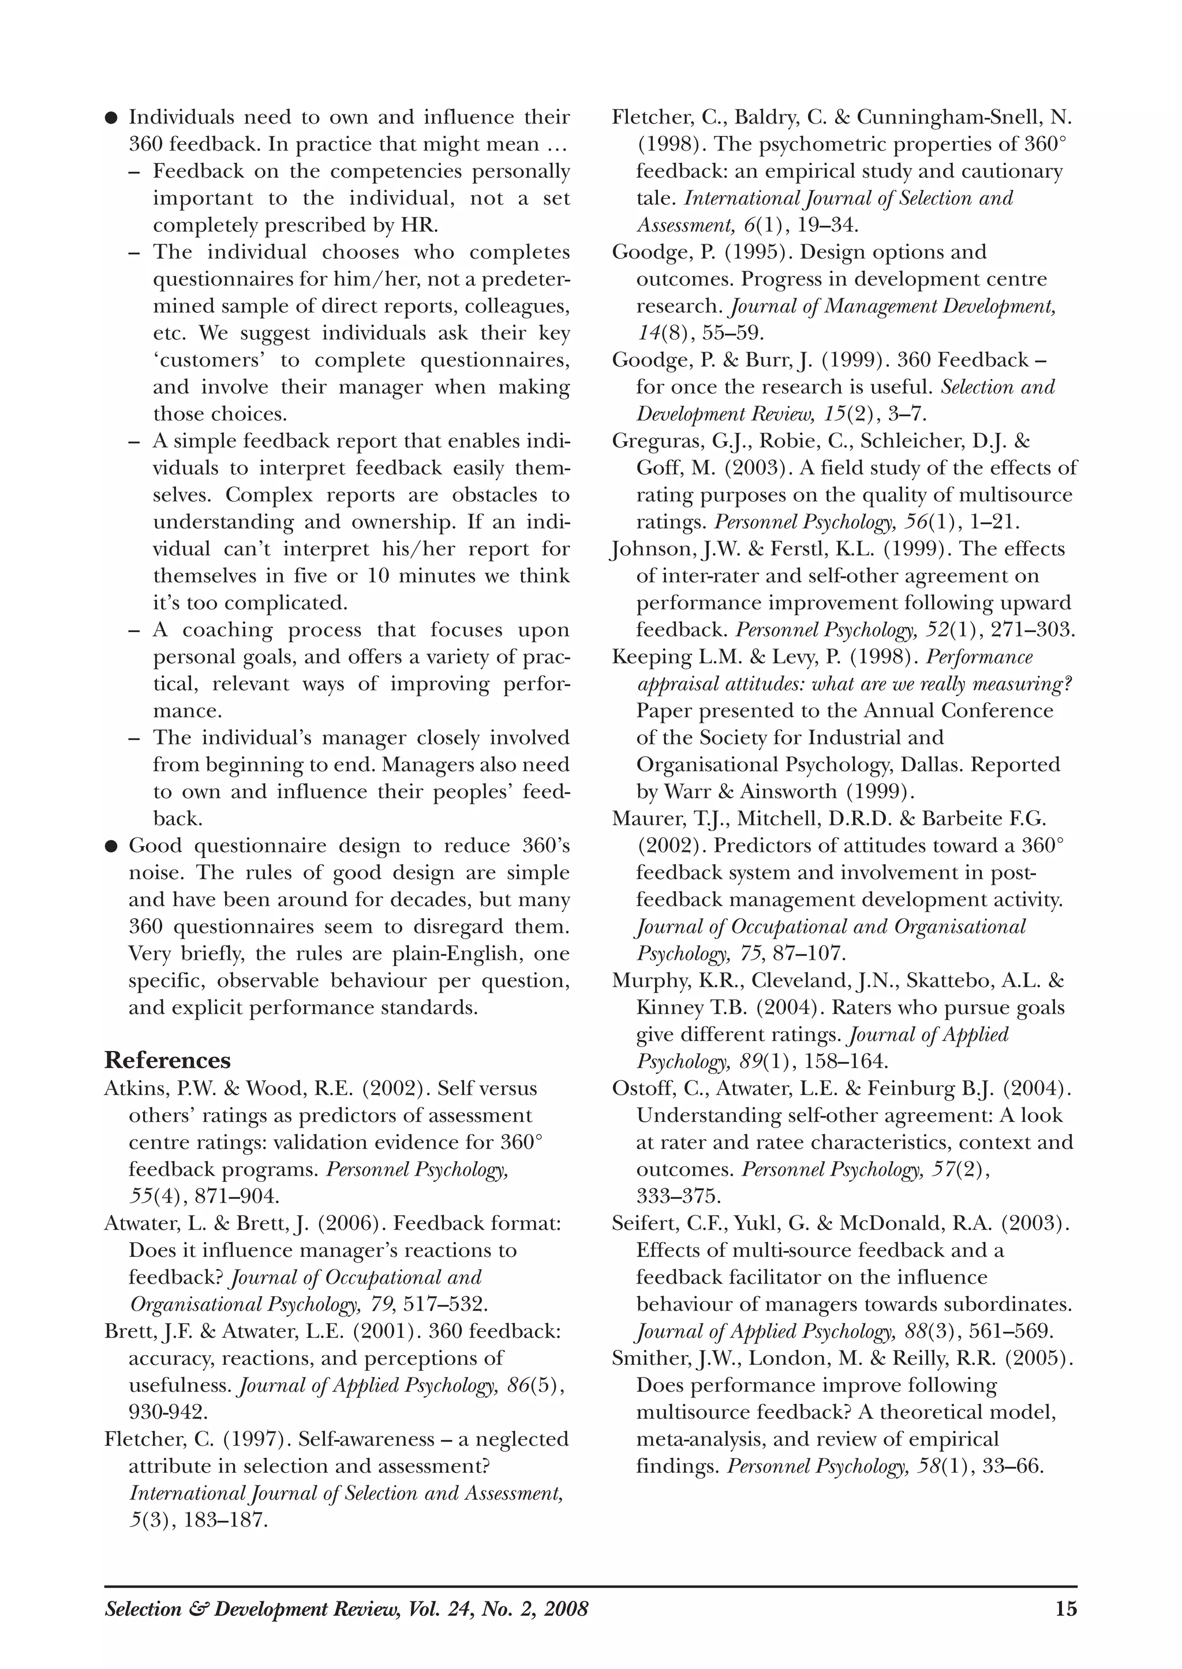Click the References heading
click(x=167, y=1060)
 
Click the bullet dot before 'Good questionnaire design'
click(x=111, y=847)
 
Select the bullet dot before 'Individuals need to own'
click(x=111, y=118)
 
